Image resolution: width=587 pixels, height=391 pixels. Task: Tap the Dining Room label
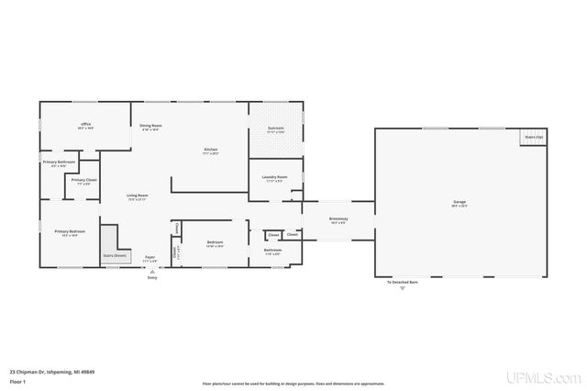tap(150, 127)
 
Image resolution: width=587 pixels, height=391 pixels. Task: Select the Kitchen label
tap(210, 151)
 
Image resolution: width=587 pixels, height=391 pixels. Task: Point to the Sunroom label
tap(275, 129)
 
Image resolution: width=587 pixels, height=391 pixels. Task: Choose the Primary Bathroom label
tap(59, 163)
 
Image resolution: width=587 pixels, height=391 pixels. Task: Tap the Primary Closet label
tap(83, 181)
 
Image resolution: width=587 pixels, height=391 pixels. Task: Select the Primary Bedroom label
tap(69, 232)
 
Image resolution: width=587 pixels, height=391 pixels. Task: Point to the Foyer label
tap(149, 260)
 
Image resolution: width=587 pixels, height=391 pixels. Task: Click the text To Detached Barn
tap(401, 283)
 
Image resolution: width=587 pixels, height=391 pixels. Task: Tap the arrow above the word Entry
tap(152, 271)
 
